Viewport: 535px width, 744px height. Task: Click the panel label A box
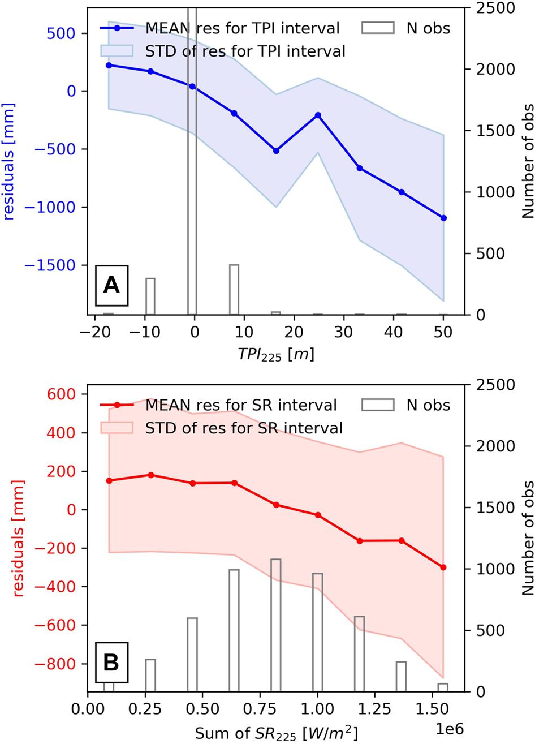coord(111,286)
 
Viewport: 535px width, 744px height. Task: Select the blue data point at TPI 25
coord(318,115)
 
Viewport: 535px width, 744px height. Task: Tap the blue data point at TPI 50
coord(443,218)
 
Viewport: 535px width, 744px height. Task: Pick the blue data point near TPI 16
coord(276,150)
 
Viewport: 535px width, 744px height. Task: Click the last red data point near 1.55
coord(443,567)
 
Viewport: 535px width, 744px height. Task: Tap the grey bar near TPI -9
coord(150,296)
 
